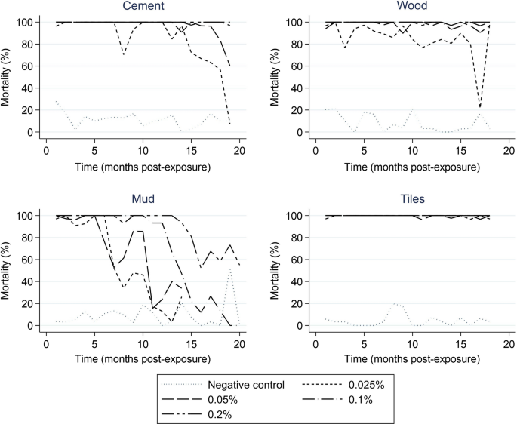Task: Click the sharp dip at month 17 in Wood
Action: tap(480, 106)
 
